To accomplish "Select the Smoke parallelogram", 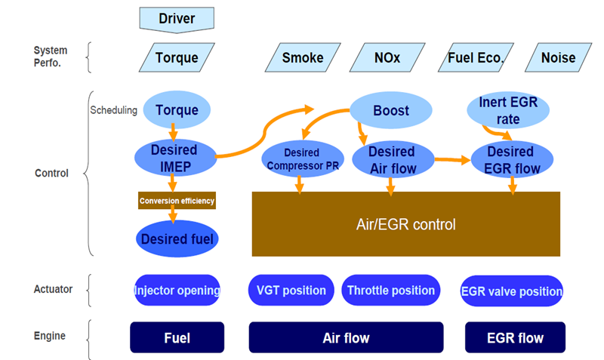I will click(302, 57).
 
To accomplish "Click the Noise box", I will click(558, 57).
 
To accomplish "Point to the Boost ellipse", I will click(391, 110).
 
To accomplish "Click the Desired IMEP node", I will click(174, 157).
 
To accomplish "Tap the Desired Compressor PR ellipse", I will click(301, 160).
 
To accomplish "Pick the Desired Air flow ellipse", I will click(392, 160).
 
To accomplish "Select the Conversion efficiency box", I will click(177, 201).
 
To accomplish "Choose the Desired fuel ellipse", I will click(177, 239).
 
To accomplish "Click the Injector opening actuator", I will click(177, 291).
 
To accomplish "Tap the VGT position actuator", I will click(291, 291).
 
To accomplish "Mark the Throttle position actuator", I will click(390, 291).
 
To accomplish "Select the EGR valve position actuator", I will click(512, 291).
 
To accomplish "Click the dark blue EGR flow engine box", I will click(514, 337).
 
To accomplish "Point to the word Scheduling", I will click(114, 110).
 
